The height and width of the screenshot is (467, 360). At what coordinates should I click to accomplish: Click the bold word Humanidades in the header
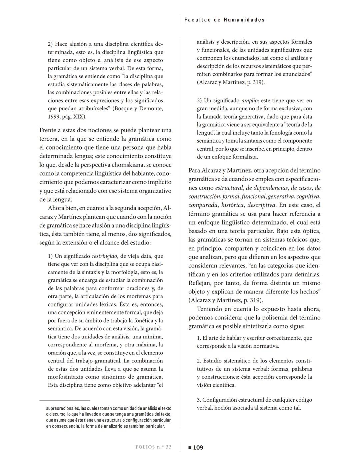point(244,20)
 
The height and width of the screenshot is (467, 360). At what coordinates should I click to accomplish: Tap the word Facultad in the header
point(198,20)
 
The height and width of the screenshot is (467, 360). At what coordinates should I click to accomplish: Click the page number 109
point(198,447)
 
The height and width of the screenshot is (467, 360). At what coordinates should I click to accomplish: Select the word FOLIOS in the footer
point(145,447)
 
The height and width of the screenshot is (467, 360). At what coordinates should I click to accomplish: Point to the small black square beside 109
point(190,448)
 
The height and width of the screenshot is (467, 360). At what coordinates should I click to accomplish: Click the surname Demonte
point(151,109)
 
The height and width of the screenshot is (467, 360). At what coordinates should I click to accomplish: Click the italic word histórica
point(232,205)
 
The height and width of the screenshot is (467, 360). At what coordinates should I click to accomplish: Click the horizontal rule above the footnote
point(65,400)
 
